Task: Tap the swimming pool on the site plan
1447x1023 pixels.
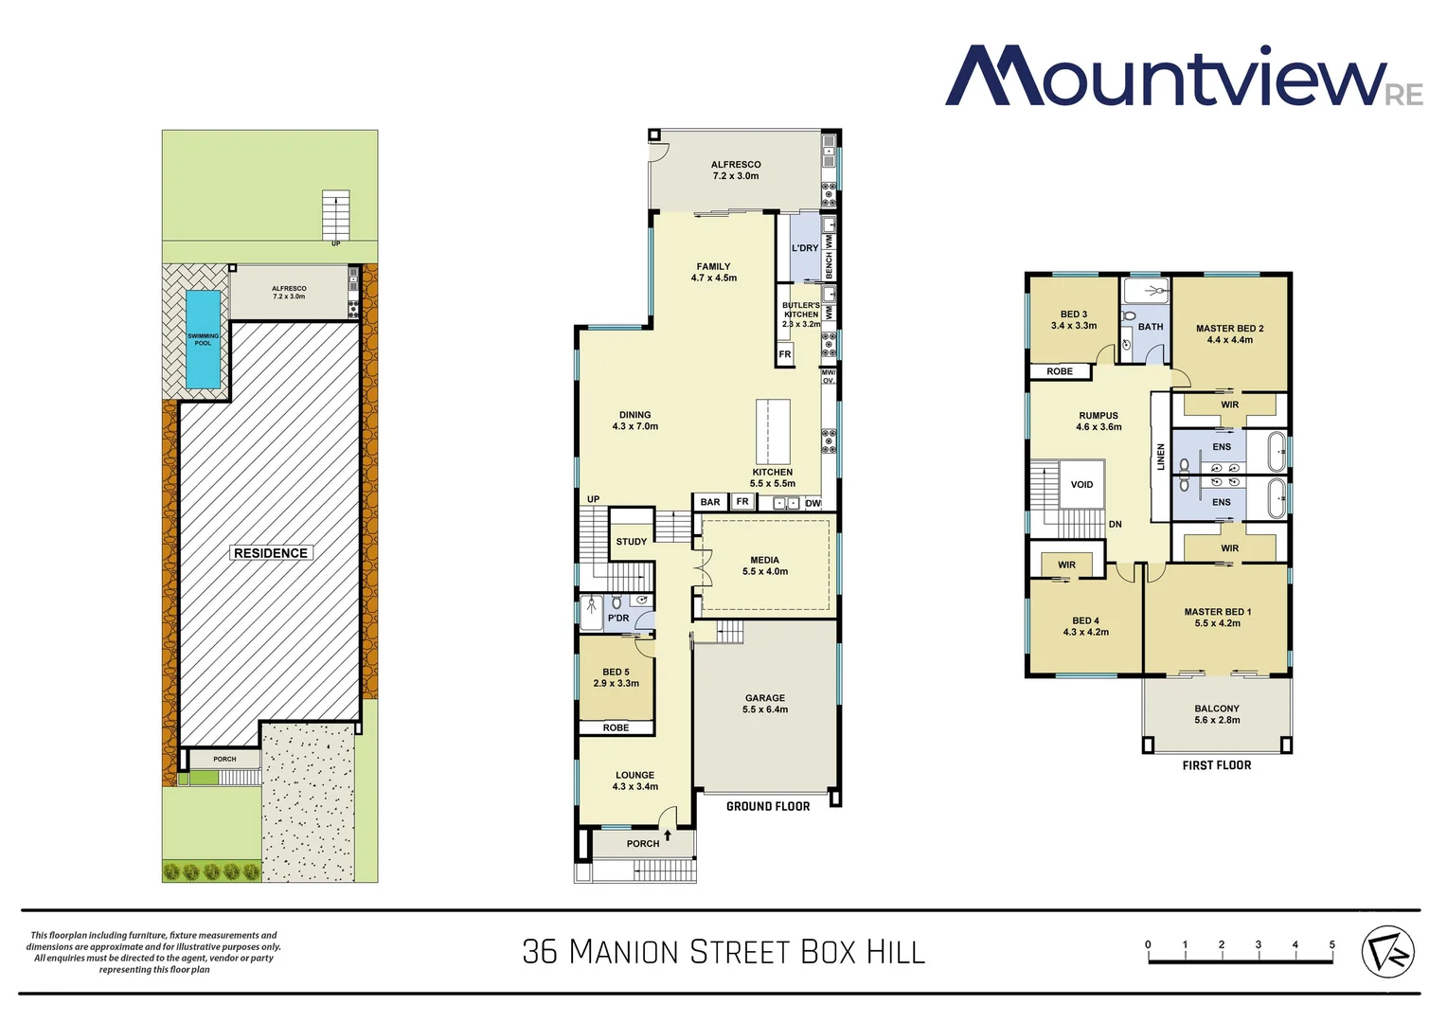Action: click(204, 338)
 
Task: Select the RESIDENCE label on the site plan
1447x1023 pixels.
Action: click(271, 553)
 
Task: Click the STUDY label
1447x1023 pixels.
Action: click(632, 542)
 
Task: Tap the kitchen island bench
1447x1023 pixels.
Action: click(773, 431)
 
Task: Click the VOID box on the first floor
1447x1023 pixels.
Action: click(1081, 484)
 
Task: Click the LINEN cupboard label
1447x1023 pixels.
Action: click(1161, 457)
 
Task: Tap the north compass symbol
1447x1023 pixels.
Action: click(1387, 952)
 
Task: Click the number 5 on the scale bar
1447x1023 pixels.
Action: click(1331, 944)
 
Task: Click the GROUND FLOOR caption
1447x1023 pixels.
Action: click(768, 807)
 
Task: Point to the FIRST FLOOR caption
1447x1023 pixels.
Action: click(1217, 765)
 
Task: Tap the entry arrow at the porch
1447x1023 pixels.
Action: click(668, 835)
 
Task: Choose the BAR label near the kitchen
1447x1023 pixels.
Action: click(710, 502)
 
